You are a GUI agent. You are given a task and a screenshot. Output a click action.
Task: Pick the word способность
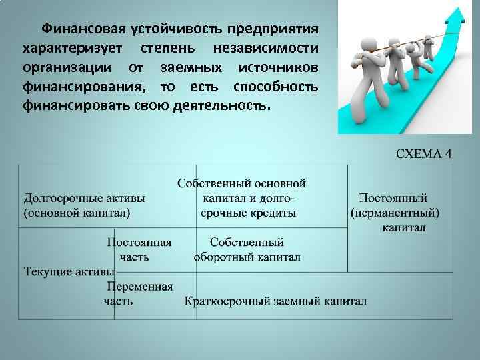275,87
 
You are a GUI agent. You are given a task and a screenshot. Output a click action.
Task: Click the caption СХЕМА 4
424,154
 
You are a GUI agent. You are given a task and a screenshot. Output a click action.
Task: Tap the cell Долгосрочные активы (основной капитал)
85,205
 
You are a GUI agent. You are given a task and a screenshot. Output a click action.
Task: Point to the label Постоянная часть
139,249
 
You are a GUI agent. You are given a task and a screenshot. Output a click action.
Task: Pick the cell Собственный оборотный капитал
247,249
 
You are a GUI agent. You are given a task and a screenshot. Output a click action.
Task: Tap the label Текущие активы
69,272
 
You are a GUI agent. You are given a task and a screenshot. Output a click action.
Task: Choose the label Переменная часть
139,293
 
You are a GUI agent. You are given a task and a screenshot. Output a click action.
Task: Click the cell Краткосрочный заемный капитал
275,301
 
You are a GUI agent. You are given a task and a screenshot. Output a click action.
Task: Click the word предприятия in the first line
271,29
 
